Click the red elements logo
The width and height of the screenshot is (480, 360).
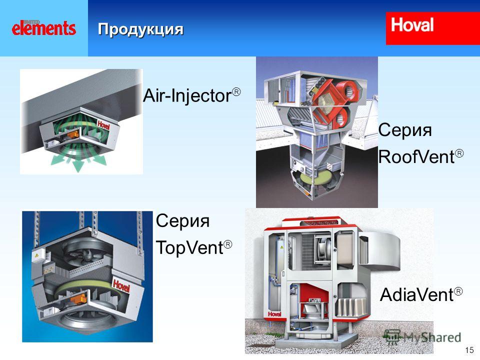(44, 28)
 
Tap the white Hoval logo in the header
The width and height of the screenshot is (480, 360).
(412, 25)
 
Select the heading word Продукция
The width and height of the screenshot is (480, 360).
(140, 29)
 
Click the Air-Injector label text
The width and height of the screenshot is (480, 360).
(187, 95)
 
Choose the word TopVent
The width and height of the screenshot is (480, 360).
(189, 247)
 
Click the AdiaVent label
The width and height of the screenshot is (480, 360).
(416, 294)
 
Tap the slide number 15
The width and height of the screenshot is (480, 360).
(469, 350)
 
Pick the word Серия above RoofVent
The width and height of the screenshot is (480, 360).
(405, 130)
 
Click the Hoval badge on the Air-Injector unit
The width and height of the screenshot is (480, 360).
(103, 124)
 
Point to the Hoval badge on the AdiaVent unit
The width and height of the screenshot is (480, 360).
(274, 314)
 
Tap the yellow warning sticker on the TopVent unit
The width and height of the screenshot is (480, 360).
(37, 254)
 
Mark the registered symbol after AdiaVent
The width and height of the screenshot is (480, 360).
(458, 291)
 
